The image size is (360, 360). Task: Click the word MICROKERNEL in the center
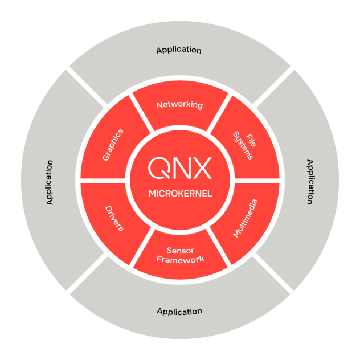pos(180,194)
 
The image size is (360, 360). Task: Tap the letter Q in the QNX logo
pos(158,167)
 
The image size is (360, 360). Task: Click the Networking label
pos(179,105)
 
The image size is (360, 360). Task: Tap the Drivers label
pos(114,217)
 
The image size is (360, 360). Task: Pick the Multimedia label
pos(246,218)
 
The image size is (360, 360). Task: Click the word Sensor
pos(181,250)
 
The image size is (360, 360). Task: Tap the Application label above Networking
pos(179,50)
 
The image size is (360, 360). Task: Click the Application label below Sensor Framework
pos(179,312)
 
